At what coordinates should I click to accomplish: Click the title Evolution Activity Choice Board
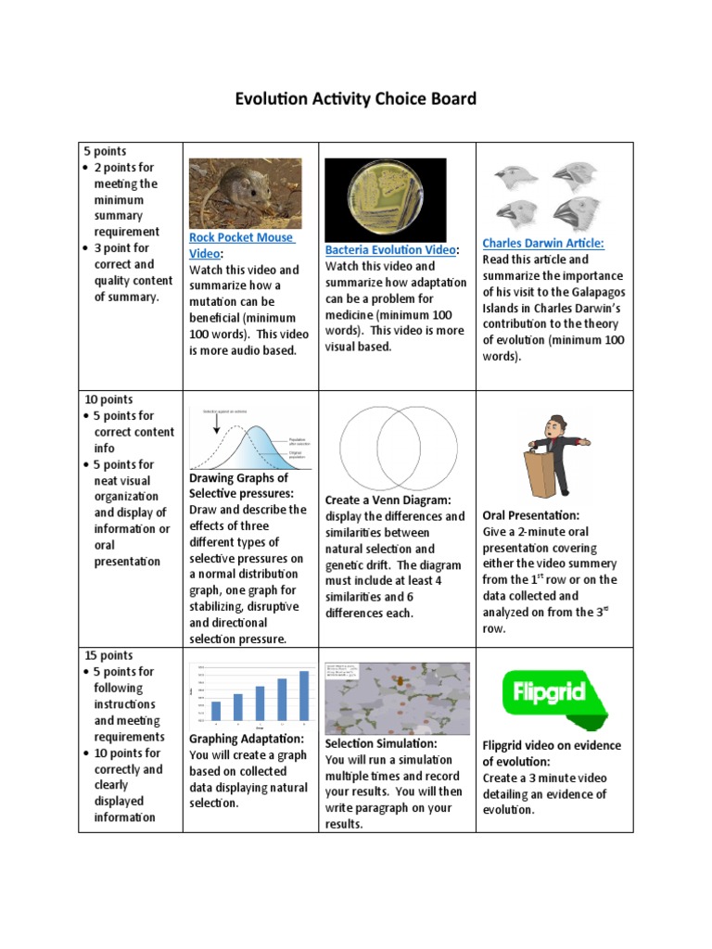(x=356, y=98)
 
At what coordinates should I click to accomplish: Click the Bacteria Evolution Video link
(x=389, y=250)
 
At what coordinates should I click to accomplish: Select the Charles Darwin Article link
(x=542, y=243)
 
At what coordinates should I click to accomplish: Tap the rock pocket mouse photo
(x=245, y=193)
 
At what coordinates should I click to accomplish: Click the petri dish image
(x=385, y=196)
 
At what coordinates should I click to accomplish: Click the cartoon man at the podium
(x=554, y=453)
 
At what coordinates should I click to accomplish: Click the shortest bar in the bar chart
(x=216, y=711)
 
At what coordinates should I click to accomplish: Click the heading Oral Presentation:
(x=531, y=515)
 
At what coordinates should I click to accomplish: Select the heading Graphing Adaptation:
(x=247, y=739)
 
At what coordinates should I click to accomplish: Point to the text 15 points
(x=109, y=655)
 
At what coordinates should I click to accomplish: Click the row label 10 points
(x=109, y=399)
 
